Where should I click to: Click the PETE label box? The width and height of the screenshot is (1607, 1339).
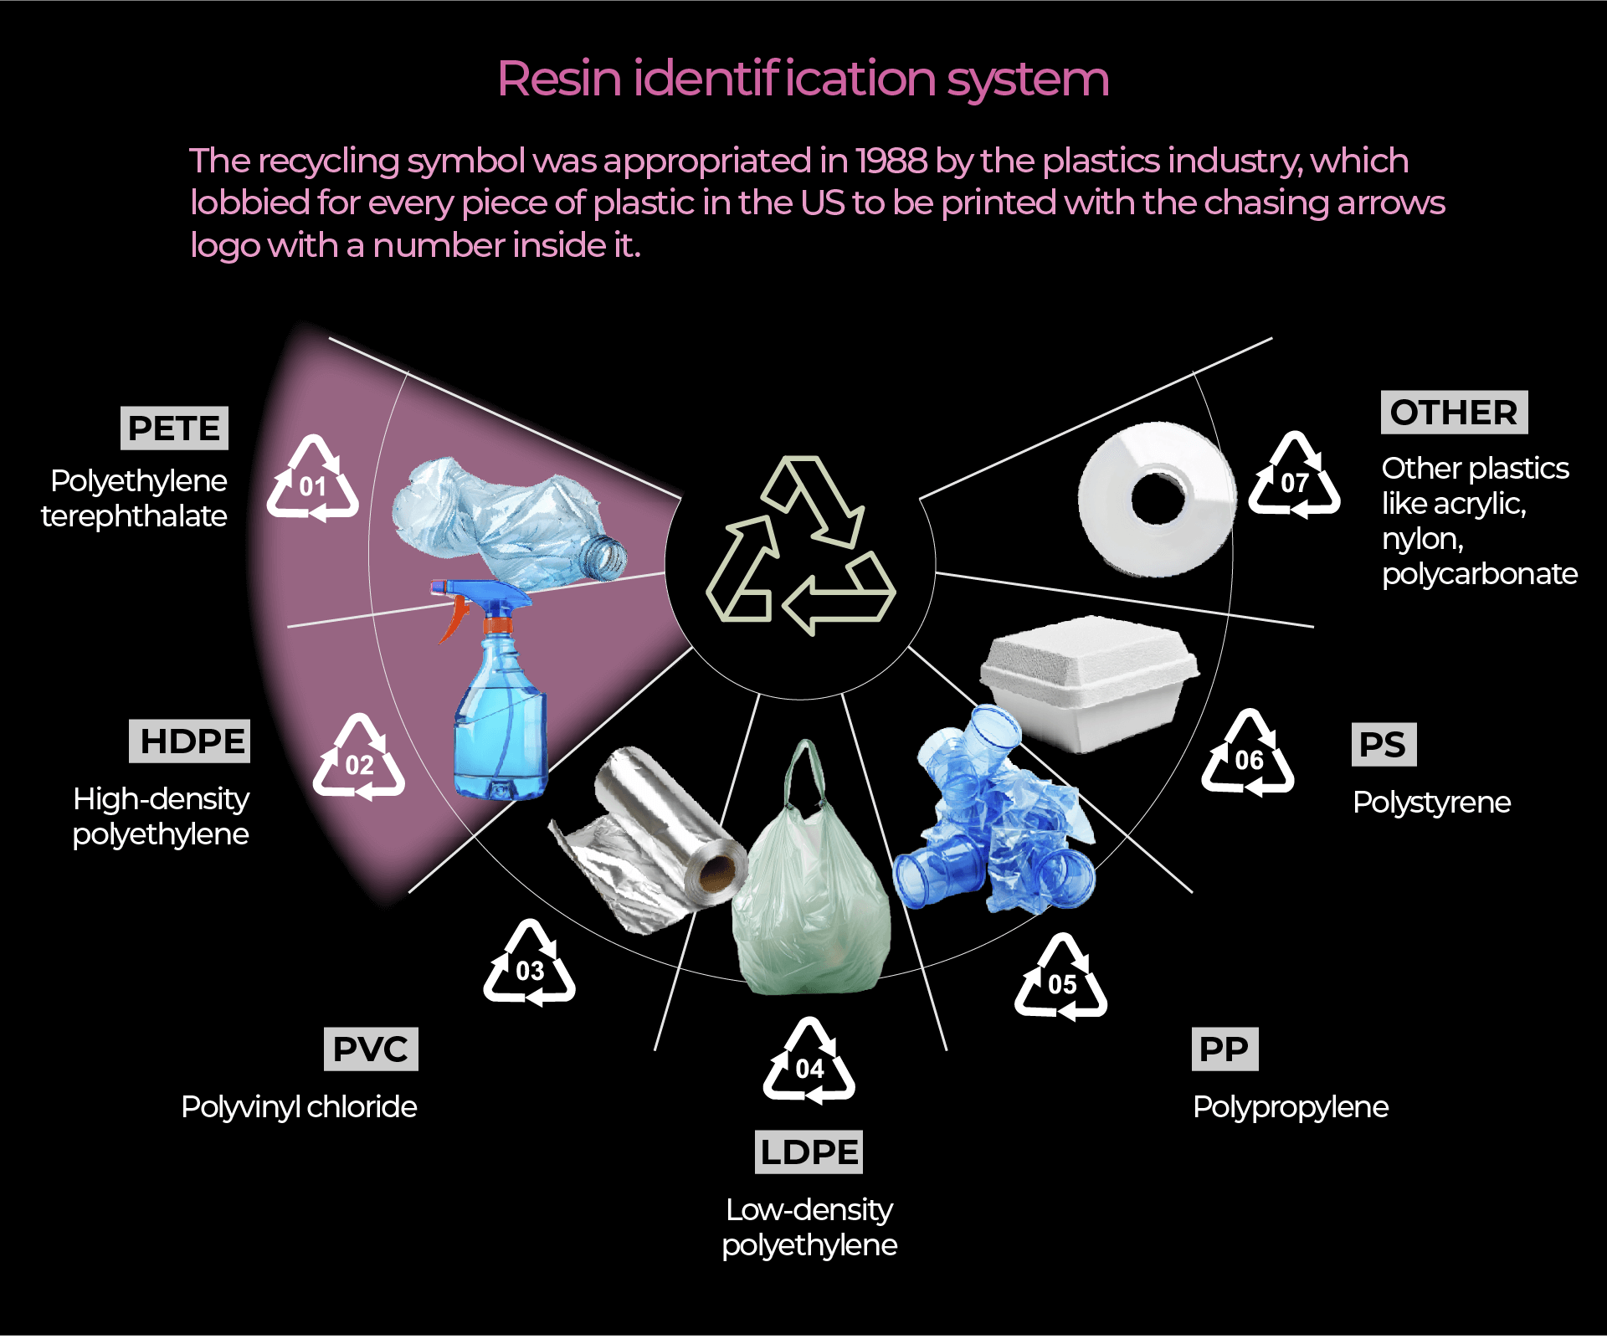click(x=174, y=428)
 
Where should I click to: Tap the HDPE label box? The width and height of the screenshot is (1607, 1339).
click(x=190, y=741)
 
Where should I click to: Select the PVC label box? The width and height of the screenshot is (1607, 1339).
click(x=371, y=1049)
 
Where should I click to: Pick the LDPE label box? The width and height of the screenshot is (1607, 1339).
click(x=809, y=1152)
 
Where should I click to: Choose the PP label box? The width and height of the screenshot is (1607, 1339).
click(x=1224, y=1049)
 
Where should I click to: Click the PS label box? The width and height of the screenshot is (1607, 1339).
click(x=1384, y=745)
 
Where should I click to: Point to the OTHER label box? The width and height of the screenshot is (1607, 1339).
click(x=1454, y=413)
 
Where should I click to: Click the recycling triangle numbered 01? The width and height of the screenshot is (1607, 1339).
click(x=313, y=480)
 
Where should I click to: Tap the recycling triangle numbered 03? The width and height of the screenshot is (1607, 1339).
click(x=530, y=964)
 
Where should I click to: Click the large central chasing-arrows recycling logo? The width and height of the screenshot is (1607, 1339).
click(x=801, y=547)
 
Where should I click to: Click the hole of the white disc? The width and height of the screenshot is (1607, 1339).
click(x=1158, y=500)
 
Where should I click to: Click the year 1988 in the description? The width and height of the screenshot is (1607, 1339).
click(x=891, y=161)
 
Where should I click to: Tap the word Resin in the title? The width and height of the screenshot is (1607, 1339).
click(x=559, y=80)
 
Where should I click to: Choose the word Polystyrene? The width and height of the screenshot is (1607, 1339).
click(x=1431, y=803)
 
